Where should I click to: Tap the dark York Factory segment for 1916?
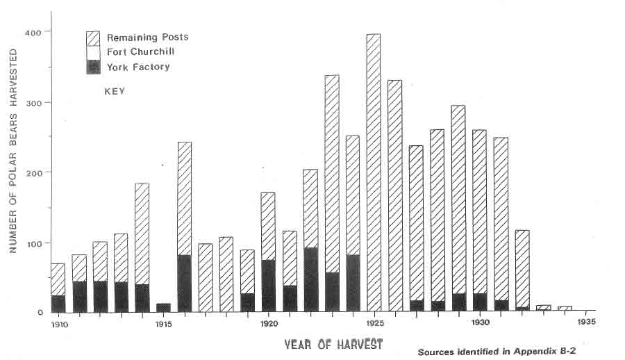click(x=184, y=283)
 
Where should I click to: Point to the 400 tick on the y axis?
click(x=33, y=32)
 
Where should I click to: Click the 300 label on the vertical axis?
click(x=33, y=102)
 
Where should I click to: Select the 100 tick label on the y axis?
click(x=33, y=243)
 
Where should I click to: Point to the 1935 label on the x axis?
click(x=585, y=323)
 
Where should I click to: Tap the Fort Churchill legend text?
click(x=140, y=52)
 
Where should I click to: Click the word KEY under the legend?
click(x=115, y=91)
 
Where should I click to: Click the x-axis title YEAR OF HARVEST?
click(x=333, y=343)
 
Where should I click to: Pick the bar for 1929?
click(x=458, y=208)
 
